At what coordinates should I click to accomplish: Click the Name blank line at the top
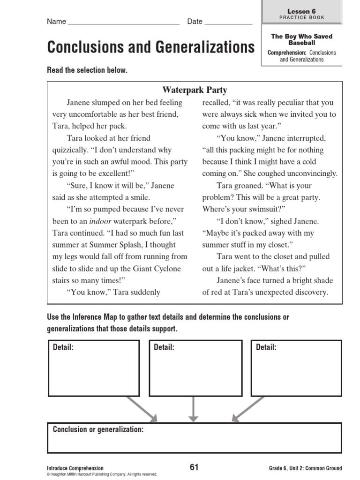[x=124, y=23]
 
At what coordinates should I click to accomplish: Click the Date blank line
[x=229, y=23]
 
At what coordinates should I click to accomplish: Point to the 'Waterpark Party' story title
[x=195, y=90]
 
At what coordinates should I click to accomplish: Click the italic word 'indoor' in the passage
[x=100, y=221]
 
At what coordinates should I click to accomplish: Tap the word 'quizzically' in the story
[x=69, y=150]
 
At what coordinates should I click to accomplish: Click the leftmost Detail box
[x=94, y=368]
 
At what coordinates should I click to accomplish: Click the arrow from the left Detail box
[x=145, y=408]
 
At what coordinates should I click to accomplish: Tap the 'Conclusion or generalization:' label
[x=98, y=429]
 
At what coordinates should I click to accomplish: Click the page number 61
[x=194, y=467]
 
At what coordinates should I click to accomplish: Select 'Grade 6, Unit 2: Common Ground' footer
[x=305, y=468]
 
